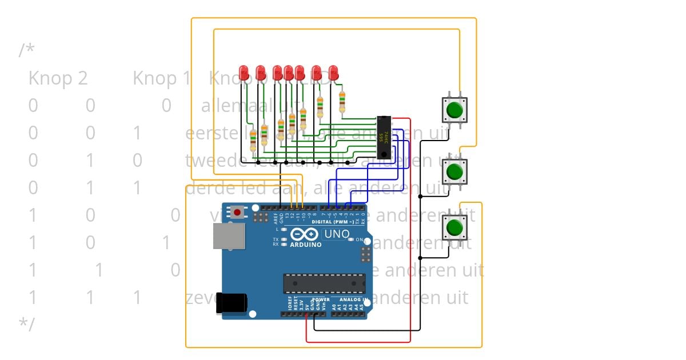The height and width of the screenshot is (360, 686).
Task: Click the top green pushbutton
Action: pyautogui.click(x=454, y=109)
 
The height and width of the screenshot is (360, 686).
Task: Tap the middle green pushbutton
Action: pyautogui.click(x=454, y=171)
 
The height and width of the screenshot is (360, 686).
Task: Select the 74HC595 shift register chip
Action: pyautogui.click(x=385, y=137)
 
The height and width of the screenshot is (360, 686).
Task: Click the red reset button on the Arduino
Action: pyautogui.click(x=237, y=213)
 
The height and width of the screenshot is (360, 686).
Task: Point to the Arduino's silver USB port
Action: pyautogui.click(x=229, y=235)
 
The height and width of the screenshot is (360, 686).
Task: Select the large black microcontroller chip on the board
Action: pyautogui.click(x=324, y=283)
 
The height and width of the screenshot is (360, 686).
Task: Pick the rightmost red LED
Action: pyautogui.click(x=333, y=73)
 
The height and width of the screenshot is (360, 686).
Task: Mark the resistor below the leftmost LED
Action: pyautogui.click(x=253, y=139)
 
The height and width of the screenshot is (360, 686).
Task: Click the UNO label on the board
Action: pyautogui.click(x=336, y=234)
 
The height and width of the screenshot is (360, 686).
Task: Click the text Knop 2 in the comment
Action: pyautogui.click(x=58, y=78)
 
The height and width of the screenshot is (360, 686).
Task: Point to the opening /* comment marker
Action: pyautogui.click(x=27, y=50)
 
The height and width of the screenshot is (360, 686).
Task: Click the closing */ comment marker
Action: pyautogui.click(x=27, y=324)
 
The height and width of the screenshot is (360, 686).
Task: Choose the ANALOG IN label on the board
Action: pyautogui.click(x=349, y=299)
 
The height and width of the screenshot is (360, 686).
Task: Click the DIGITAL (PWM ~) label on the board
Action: pyautogui.click(x=330, y=221)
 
